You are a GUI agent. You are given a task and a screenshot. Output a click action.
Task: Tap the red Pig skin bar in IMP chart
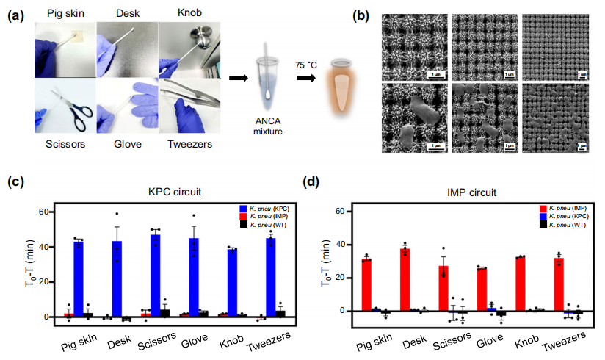(366, 284)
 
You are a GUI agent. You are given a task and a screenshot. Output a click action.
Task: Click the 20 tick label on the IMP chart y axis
(340, 277)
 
